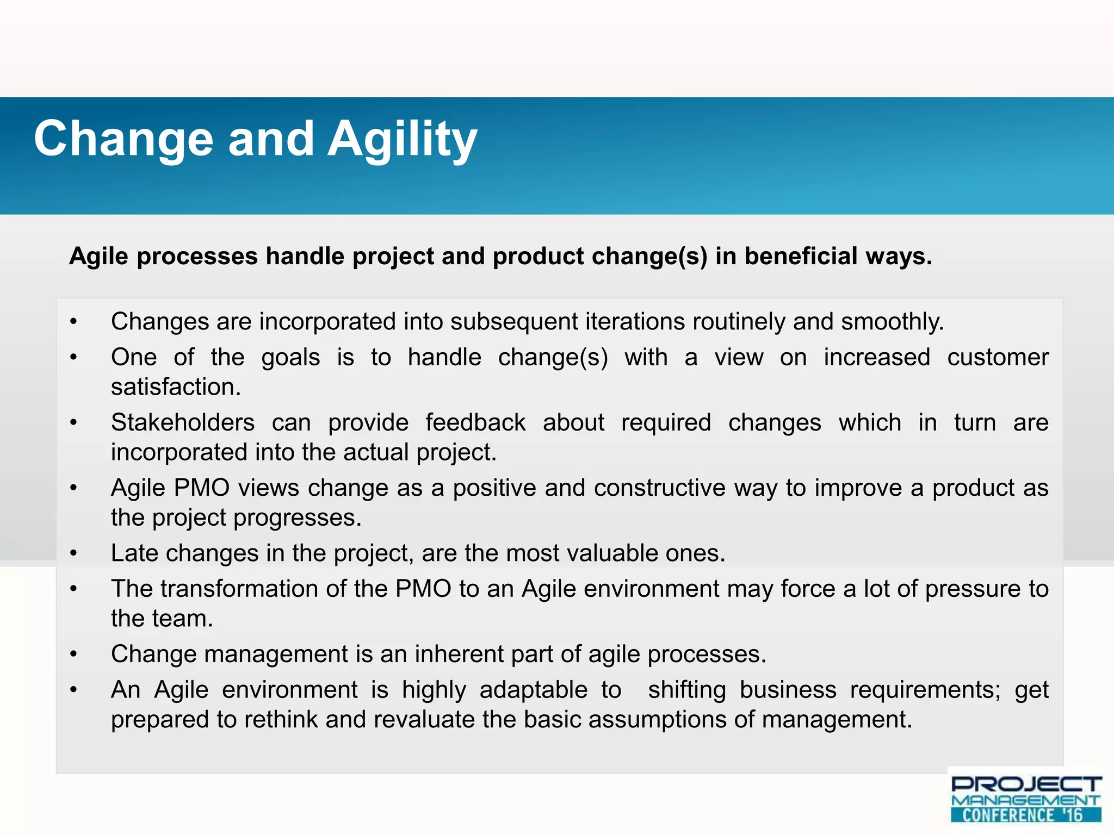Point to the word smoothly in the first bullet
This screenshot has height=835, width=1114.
[x=892, y=321]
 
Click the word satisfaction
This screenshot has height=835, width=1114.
[x=175, y=387]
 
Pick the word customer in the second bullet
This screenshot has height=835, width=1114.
[x=998, y=358]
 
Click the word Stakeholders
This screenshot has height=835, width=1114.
[x=183, y=423]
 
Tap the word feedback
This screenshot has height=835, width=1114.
[x=475, y=423]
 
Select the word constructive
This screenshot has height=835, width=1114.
[x=660, y=488]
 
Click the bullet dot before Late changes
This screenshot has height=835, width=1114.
[x=74, y=553]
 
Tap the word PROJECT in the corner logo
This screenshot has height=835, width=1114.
[x=1026, y=784]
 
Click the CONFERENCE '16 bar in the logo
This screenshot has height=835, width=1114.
[x=1026, y=815]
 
